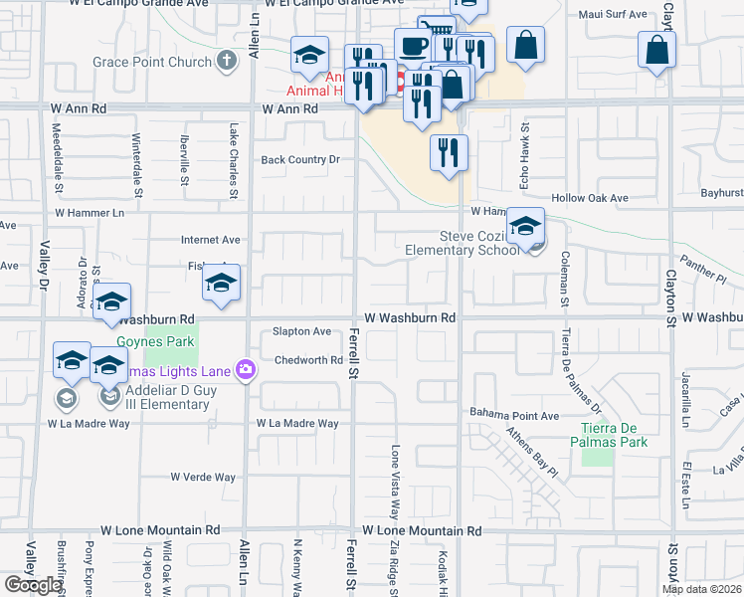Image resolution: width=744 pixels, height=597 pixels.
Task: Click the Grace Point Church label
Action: (152, 62)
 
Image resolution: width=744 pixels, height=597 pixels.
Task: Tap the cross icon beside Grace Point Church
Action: (227, 62)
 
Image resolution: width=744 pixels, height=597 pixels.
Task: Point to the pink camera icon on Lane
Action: (246, 371)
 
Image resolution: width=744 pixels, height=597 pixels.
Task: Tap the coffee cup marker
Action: (413, 45)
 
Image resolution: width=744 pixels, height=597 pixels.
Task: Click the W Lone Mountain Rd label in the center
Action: (422, 532)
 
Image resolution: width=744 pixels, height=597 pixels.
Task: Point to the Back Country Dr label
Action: (300, 159)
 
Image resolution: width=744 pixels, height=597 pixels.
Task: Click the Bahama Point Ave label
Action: (514, 415)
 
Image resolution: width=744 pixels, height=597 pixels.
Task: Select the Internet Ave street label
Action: (211, 240)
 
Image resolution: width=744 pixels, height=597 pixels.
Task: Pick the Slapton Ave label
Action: (301, 331)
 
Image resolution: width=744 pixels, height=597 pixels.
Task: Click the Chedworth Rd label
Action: (308, 360)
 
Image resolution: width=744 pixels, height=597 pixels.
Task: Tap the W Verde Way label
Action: (203, 477)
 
